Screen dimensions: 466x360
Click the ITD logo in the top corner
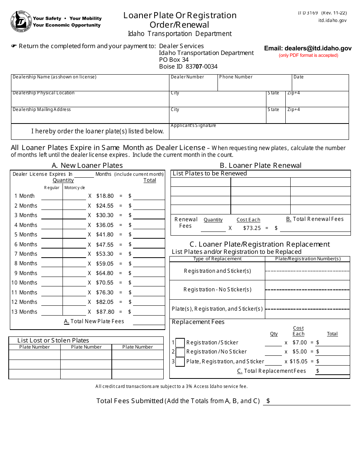(20, 21)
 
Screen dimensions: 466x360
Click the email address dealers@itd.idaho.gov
(308, 48)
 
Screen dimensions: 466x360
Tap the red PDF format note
(308, 55)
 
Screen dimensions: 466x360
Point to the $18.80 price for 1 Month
(105, 196)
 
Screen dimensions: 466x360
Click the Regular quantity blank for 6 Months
(52, 244)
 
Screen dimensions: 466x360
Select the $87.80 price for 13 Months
(105, 312)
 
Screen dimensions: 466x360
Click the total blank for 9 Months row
(149, 273)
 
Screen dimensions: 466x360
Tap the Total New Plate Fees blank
(149, 321)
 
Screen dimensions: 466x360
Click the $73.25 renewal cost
(252, 228)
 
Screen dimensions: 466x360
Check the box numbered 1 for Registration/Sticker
(180, 342)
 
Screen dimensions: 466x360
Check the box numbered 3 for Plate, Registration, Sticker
(180, 361)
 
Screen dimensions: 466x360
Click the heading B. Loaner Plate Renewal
(261, 165)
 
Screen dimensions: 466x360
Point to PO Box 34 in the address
(174, 60)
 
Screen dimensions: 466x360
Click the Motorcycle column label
(75, 188)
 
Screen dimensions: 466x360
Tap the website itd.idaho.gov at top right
(332, 21)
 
